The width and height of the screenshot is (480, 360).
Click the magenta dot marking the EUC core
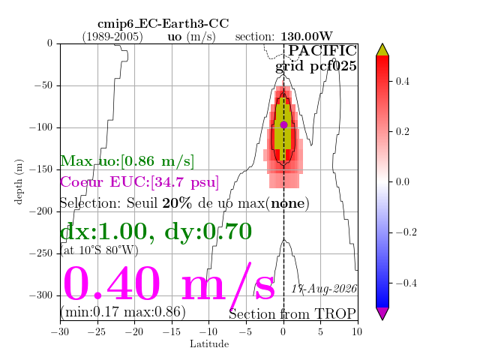pos(283,125)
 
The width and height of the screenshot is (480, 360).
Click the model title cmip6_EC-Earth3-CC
pos(163,23)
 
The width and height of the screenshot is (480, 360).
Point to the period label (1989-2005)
pos(112,37)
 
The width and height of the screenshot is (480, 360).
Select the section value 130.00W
pos(307,37)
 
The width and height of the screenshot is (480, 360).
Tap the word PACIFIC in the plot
pos(322,50)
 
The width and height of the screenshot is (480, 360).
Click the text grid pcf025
pos(316,66)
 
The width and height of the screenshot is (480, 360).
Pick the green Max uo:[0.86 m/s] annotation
pos(127,161)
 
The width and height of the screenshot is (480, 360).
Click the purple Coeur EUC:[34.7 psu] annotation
pos(139,182)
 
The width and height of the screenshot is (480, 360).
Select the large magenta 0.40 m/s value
pos(169,283)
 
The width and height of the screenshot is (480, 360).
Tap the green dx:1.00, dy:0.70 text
pos(156,232)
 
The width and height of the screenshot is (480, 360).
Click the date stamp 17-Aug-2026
pos(324,289)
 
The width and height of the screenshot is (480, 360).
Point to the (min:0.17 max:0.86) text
pos(123,312)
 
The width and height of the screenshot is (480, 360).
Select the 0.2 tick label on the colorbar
pos(402,132)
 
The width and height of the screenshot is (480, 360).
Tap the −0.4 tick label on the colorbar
pos(406,283)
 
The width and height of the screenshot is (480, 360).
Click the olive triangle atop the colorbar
pos(382,51)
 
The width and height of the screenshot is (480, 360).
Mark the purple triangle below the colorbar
pos(382,313)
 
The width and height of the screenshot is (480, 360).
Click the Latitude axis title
pos(209,344)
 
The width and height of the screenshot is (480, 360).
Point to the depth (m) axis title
pos(19,181)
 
